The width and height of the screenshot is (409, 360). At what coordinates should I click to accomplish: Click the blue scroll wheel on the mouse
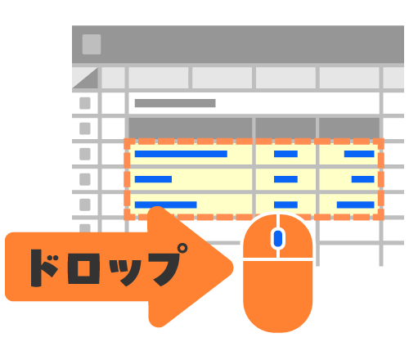[x=278, y=238]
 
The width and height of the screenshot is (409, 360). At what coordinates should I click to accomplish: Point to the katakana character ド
[x=43, y=268]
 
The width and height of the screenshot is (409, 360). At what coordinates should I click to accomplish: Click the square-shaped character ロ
[x=83, y=268]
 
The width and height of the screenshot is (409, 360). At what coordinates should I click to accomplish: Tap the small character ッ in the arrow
[x=125, y=272]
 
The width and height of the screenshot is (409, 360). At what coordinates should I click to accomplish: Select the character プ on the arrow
[x=167, y=264]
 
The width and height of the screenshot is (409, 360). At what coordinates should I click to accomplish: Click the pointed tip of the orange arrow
[x=232, y=268]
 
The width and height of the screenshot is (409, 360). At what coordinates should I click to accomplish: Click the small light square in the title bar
[x=92, y=44]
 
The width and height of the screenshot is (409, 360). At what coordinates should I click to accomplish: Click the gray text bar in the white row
[x=175, y=103]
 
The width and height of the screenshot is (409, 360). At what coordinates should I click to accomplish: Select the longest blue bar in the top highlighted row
[x=181, y=154]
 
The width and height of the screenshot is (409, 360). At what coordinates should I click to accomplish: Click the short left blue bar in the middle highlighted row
[x=153, y=179]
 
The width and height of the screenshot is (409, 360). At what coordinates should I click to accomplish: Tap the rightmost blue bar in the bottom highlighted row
[x=356, y=205]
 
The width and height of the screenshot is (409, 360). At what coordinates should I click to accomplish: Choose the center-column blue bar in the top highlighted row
[x=285, y=154]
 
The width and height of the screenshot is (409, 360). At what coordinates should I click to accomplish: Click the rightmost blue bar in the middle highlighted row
[x=363, y=179]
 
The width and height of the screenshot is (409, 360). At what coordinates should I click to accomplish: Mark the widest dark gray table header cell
[x=191, y=128]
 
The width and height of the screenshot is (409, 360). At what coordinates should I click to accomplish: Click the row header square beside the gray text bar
[x=85, y=103]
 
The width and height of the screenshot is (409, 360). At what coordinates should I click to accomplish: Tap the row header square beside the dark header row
[x=85, y=128]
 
